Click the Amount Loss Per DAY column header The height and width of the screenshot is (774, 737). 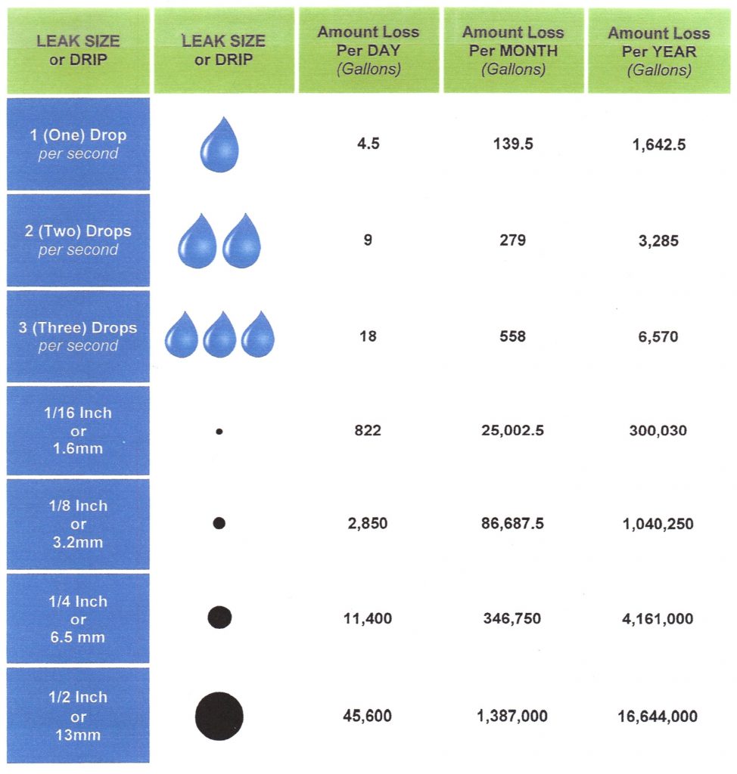tap(368, 51)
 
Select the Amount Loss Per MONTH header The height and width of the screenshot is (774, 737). tap(513, 51)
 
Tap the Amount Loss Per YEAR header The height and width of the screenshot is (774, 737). tap(658, 51)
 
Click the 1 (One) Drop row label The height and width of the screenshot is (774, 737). tap(78, 144)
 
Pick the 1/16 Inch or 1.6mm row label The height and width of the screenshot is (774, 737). tap(78, 431)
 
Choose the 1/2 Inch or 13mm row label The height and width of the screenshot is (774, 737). tap(78, 715)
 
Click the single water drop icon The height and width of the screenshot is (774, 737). tap(220, 145)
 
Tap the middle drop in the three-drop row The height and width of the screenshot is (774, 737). tap(220, 334)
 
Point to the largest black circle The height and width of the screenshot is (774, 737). tap(219, 715)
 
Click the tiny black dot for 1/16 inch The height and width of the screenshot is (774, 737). tap(219, 432)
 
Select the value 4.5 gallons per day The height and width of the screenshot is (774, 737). tap(368, 144)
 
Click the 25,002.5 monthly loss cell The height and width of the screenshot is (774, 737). tap(513, 431)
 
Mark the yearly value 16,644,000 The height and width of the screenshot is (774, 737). tap(658, 716)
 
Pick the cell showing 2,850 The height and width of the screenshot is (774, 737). tap(368, 524)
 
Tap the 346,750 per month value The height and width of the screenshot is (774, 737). tap(513, 619)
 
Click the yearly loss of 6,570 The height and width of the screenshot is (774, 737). tap(658, 336)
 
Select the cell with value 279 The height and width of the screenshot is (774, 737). tap(513, 240)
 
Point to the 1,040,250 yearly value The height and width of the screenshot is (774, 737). tap(658, 524)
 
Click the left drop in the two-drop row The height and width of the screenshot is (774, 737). tap(197, 242)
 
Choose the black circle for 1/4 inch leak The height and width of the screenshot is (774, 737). tap(219, 618)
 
